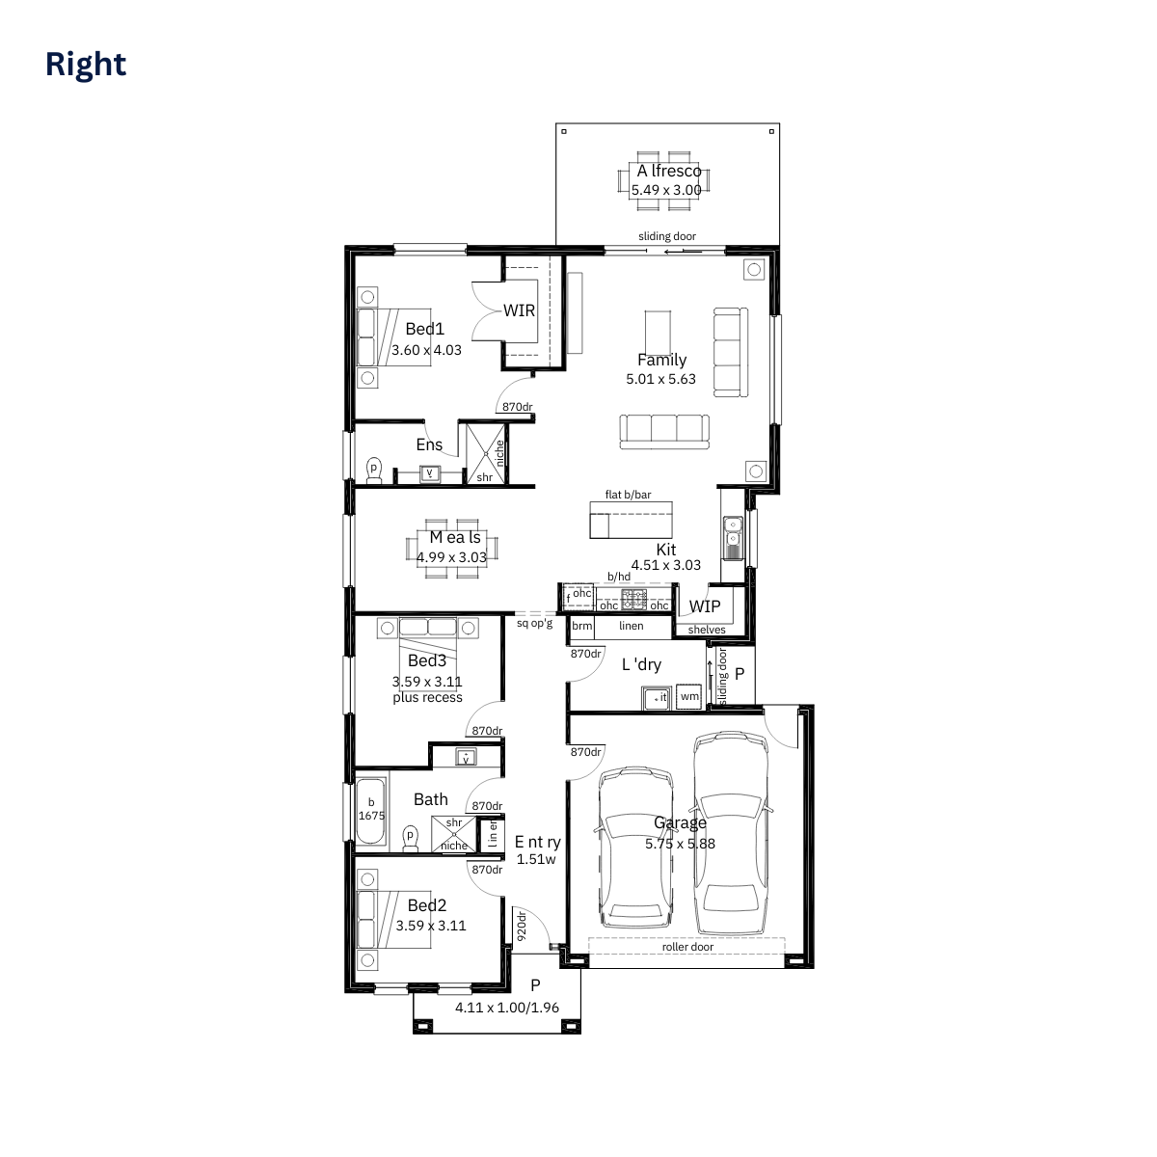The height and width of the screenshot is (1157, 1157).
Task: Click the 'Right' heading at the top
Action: click(x=86, y=64)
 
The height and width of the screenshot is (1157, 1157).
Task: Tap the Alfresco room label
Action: click(x=668, y=171)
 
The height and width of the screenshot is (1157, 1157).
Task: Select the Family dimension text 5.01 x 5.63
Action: click(x=660, y=379)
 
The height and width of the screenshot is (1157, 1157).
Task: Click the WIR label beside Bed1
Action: click(x=519, y=310)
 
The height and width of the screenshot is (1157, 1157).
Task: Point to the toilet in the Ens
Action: click(x=374, y=469)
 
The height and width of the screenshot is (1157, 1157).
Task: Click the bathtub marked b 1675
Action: click(x=371, y=809)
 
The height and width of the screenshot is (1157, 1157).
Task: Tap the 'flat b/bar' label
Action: click(x=628, y=495)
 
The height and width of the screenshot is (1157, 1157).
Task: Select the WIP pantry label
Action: click(x=704, y=606)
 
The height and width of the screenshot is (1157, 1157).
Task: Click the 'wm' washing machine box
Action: click(x=689, y=696)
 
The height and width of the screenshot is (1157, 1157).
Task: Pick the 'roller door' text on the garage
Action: click(x=687, y=947)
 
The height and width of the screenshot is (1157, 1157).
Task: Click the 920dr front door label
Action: click(x=521, y=926)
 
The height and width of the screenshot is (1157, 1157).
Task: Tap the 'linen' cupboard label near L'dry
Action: click(x=632, y=626)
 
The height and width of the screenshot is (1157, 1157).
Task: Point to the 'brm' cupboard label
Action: click(x=582, y=626)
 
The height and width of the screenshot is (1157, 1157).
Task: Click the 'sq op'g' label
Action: click(x=535, y=623)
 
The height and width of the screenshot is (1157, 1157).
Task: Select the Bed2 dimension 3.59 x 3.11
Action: click(x=431, y=926)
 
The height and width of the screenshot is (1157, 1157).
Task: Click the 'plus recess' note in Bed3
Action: click(x=427, y=697)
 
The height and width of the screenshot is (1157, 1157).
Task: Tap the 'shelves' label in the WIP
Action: click(x=707, y=630)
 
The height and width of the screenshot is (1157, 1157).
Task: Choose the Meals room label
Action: click(x=455, y=537)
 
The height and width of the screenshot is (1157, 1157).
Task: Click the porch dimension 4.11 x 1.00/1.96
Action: click(x=507, y=1008)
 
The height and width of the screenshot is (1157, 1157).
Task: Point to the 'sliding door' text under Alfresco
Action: click(x=666, y=236)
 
